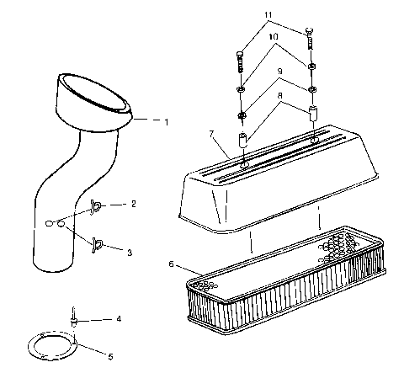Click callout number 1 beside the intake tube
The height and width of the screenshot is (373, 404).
(166, 122)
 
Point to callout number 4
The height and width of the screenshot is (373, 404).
(119, 319)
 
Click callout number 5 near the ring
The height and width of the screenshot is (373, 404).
(110, 356)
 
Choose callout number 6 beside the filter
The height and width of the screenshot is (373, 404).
(173, 264)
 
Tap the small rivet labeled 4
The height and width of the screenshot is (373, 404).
(75, 317)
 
